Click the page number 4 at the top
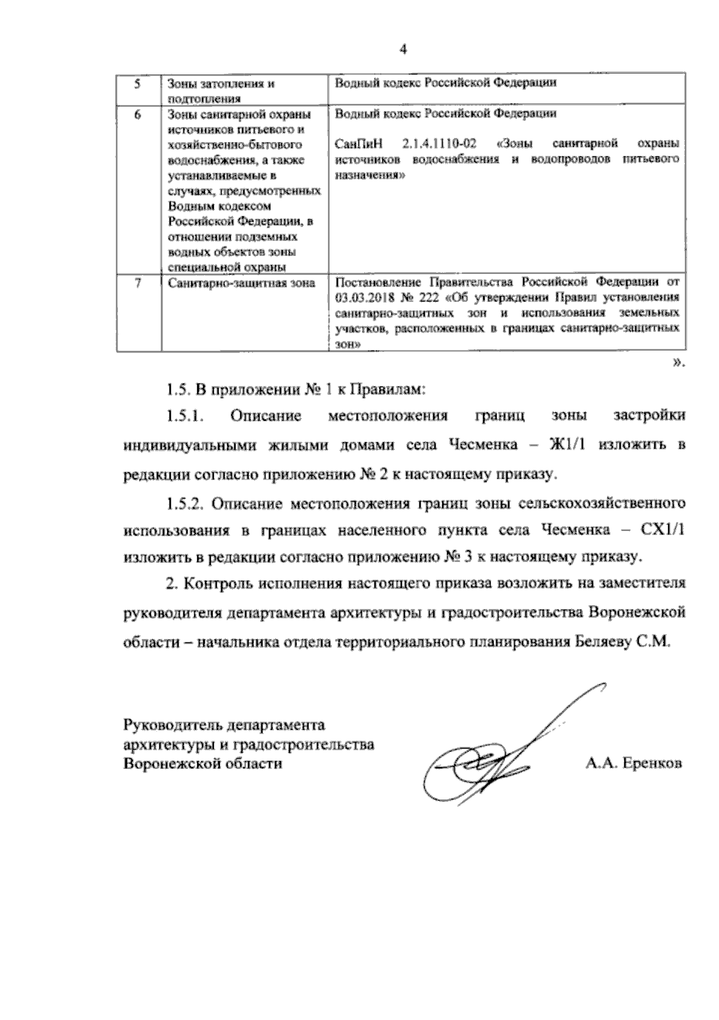click(x=403, y=50)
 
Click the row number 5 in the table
click(x=137, y=83)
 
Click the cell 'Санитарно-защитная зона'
click(x=241, y=283)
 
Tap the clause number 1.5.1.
click(x=186, y=416)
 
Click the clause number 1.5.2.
click(x=186, y=502)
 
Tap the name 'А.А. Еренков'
click(x=633, y=764)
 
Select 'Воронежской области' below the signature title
click(x=203, y=764)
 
